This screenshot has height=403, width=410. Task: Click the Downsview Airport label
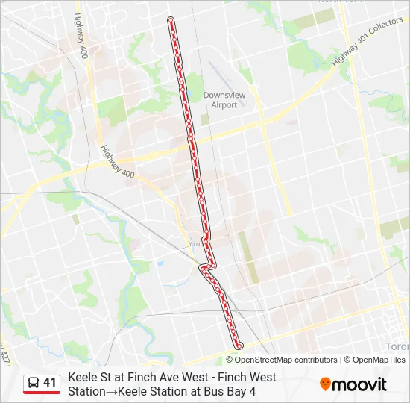pos(220,100)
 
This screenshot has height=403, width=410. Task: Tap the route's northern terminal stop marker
pos(171,19)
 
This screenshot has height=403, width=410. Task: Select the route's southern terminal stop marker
pos(239,346)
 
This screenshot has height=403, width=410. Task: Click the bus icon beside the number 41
pos(34,383)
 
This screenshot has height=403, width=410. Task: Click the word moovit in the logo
pos(360,385)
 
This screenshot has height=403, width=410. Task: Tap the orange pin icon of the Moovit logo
pos(325,384)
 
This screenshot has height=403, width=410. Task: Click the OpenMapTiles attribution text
pos(378,360)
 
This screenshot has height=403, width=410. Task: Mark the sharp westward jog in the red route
pos(205,266)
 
